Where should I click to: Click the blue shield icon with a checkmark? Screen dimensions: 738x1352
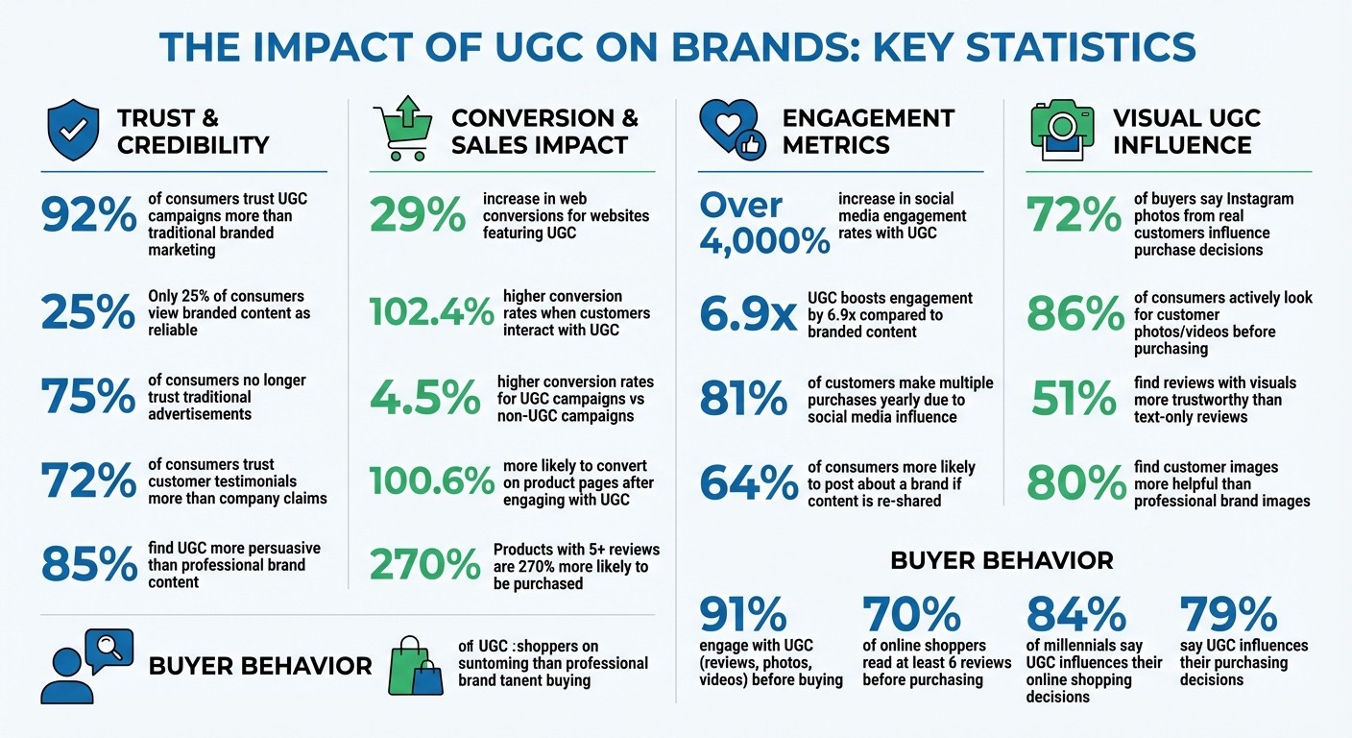[73, 131]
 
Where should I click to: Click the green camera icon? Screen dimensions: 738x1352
[1062, 131]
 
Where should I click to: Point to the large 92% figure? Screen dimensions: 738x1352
[89, 217]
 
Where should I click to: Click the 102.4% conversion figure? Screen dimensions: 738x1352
[432, 312]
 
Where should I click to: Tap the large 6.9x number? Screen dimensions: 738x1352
[748, 314]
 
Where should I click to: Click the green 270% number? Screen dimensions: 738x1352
[423, 566]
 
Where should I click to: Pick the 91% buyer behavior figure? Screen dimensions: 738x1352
[743, 614]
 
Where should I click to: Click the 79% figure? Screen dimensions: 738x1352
[1228, 614]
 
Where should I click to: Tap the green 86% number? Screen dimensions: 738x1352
[1074, 314]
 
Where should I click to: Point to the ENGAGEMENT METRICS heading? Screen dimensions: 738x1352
[868, 131]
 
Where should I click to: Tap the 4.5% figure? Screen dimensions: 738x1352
[425, 398]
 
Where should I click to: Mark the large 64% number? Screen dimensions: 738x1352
[748, 482]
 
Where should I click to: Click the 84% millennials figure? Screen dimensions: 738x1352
[1076, 614]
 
